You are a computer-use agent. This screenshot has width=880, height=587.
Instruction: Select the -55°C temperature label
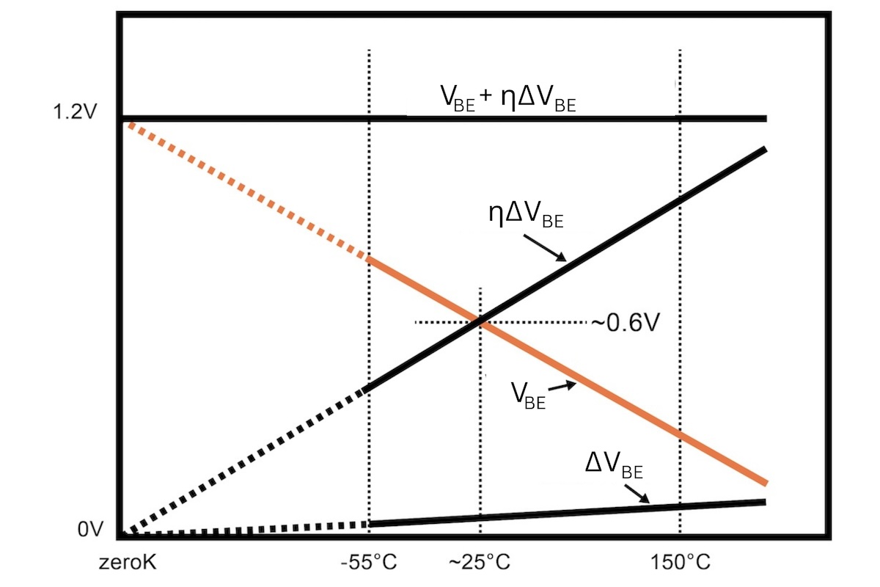coord(369,564)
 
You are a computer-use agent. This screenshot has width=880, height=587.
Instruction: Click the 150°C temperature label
coord(681,564)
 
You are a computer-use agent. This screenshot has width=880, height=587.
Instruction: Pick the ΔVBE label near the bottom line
coord(618,464)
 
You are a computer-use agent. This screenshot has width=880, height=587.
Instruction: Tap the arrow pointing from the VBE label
coord(562,386)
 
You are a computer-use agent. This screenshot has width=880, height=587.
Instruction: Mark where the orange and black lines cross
coord(480,321)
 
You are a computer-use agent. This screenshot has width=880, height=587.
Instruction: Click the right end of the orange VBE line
coord(765,482)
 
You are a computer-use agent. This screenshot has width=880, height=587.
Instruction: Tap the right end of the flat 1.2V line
coord(765,118)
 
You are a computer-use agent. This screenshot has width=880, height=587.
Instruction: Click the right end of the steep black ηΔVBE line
coord(765,150)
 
